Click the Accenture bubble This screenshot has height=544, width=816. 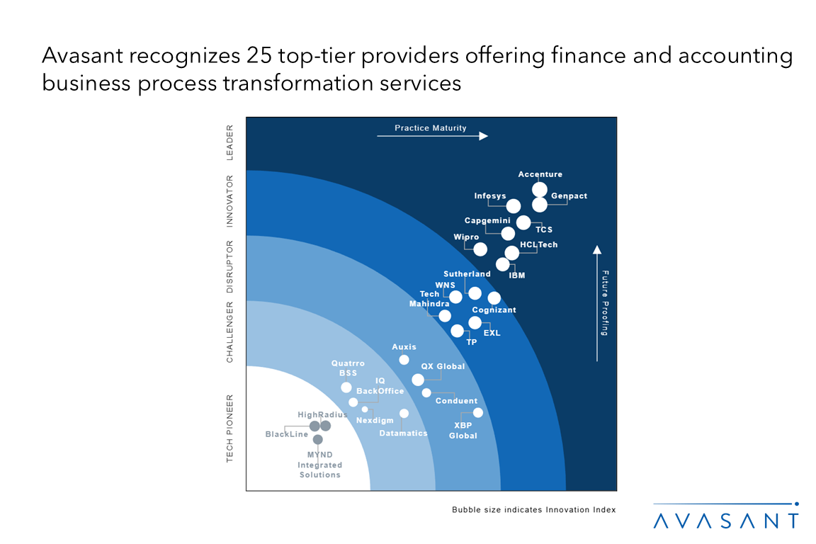tap(539, 189)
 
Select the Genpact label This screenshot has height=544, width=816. tap(569, 196)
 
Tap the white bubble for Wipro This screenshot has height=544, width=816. tap(480, 249)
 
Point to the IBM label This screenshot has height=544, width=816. tap(517, 275)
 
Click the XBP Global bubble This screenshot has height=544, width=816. tap(477, 412)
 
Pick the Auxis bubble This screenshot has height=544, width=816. tap(404, 360)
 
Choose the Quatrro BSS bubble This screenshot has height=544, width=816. tap(346, 387)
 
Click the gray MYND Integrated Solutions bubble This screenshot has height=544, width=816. tap(317, 439)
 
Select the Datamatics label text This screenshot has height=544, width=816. tap(403, 433)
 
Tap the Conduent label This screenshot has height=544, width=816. tap(456, 401)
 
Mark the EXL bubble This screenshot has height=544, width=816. tap(475, 323)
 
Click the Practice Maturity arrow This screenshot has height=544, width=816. tap(432, 135)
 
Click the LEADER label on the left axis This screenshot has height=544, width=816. tap(229, 142)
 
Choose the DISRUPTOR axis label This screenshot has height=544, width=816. tap(229, 266)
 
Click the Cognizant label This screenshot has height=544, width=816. tap(494, 310)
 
